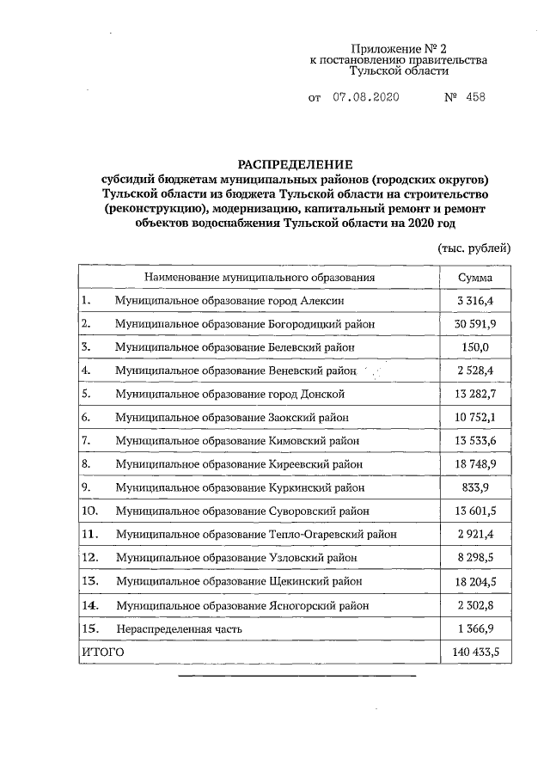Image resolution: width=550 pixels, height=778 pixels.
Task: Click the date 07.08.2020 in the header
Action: tap(366, 97)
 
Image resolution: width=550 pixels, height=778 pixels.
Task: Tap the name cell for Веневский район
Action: tap(235, 371)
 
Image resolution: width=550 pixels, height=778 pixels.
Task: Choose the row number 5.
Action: tap(86, 394)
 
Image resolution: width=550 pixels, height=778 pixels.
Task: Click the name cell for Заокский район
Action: tap(233, 417)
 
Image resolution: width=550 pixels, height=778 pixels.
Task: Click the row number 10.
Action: tap(89, 511)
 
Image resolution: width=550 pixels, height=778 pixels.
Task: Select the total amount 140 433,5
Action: tap(469, 652)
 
